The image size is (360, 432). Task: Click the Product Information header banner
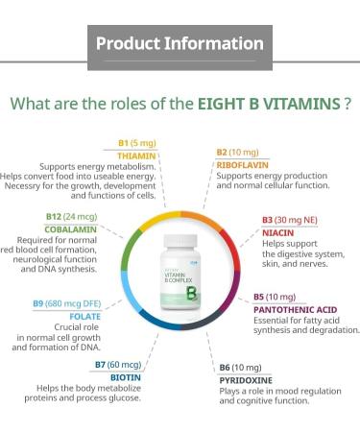[180, 44]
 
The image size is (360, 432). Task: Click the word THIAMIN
[137, 155]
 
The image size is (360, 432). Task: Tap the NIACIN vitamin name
[277, 231]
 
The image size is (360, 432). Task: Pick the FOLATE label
[84, 315]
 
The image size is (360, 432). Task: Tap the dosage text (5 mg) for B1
[143, 143]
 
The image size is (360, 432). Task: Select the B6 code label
[225, 368]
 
